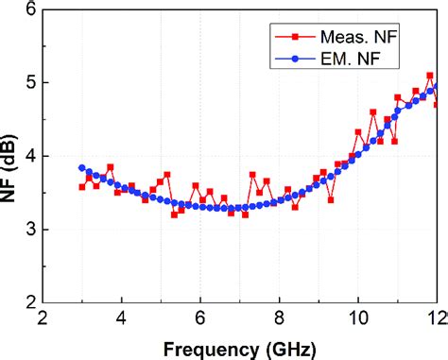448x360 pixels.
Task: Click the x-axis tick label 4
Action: [121, 318]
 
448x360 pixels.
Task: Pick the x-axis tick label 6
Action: [199, 318]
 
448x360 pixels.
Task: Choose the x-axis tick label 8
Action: [279, 318]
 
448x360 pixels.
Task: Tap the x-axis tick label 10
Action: [358, 318]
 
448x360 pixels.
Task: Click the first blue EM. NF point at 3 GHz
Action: [81, 167]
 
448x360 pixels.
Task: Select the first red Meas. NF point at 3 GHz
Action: [81, 187]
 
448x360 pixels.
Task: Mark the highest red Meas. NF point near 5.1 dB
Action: [430, 76]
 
